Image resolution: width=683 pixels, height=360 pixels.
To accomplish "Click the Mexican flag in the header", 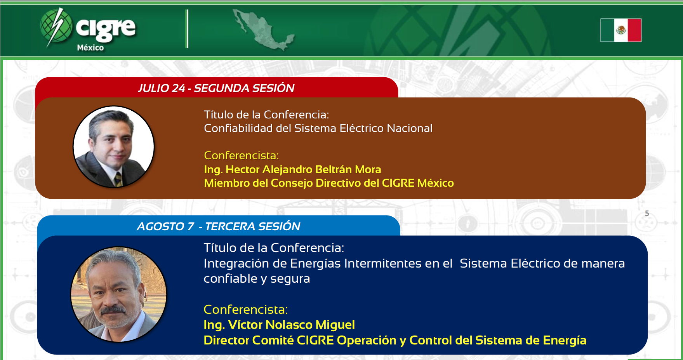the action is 621,30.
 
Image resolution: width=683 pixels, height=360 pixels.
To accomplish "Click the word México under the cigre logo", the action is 90,48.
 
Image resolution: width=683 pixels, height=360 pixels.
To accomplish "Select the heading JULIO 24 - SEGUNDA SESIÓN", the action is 216,88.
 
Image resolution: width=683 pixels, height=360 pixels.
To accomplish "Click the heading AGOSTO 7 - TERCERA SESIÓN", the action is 219,226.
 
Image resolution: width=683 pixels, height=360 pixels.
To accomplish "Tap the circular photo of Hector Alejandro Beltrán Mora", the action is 114,147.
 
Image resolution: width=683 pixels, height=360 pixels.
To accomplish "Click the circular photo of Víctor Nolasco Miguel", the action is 119,294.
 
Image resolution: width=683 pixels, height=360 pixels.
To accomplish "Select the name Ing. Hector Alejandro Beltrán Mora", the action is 292,169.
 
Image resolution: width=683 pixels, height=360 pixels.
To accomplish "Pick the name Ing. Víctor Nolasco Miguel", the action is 279,325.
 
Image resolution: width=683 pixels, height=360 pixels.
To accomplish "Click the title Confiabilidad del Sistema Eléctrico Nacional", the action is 318,128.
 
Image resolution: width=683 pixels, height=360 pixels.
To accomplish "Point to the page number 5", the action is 647,213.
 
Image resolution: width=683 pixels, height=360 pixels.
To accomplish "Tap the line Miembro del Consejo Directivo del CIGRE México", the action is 329,183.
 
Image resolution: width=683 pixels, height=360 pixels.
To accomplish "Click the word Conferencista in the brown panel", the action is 241,155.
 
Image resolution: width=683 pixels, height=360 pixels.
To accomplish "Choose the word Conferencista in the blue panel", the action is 245,310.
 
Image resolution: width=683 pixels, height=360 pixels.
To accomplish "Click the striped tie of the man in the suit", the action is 118,179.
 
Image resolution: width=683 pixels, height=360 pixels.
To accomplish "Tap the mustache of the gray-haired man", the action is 113,310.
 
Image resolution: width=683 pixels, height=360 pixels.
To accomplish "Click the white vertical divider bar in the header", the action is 187,29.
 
